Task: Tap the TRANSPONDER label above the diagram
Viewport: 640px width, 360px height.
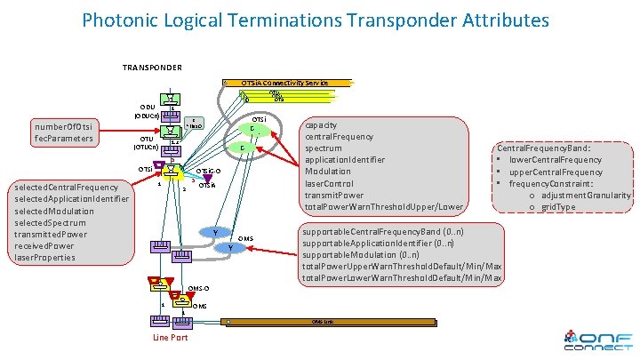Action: tap(152, 68)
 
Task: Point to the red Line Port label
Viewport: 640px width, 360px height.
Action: tap(170, 337)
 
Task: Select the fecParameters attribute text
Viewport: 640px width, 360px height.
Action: tap(65, 139)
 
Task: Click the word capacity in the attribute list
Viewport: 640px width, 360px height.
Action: tap(322, 125)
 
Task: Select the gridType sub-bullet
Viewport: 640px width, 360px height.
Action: tap(578, 207)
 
